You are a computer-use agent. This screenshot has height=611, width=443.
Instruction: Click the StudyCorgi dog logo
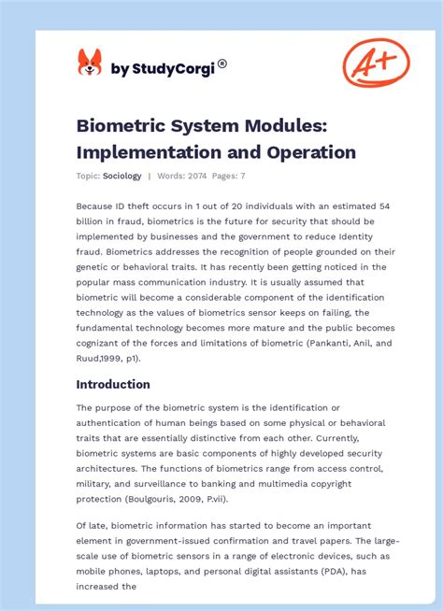click(89, 63)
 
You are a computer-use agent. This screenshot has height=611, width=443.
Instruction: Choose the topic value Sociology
click(122, 176)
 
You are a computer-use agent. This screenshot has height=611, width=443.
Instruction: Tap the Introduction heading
click(113, 384)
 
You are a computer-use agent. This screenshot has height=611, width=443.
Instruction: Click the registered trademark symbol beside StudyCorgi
click(221, 64)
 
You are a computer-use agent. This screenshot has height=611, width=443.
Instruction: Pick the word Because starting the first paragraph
click(97, 205)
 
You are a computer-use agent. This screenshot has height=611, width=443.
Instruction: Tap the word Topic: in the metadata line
click(88, 176)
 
